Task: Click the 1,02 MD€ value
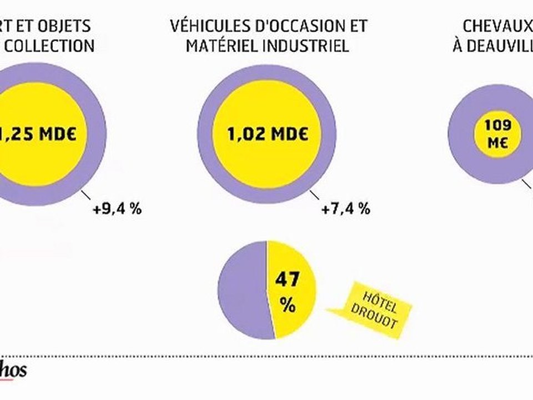coord(268,134)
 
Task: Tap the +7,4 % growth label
coord(345,209)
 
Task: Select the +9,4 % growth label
coord(117,209)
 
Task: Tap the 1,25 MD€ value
coord(33,134)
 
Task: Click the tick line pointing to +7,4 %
coord(315,196)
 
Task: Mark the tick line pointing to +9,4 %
coord(87,196)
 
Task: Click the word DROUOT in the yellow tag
coord(379,316)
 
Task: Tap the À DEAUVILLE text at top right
coord(492,46)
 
